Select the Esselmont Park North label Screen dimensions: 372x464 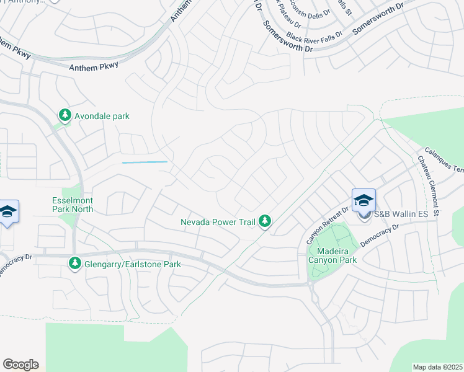(x=73, y=205)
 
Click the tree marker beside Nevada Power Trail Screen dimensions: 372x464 (x=265, y=221)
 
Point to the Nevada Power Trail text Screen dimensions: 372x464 (x=218, y=222)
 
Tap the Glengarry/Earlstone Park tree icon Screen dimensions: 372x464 (x=75, y=264)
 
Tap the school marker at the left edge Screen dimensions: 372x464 (x=7, y=212)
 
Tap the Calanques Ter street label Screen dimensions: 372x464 (x=445, y=161)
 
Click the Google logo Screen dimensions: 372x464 (x=20, y=365)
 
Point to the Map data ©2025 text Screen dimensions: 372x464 (x=437, y=367)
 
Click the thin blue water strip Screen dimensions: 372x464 (x=145, y=162)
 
